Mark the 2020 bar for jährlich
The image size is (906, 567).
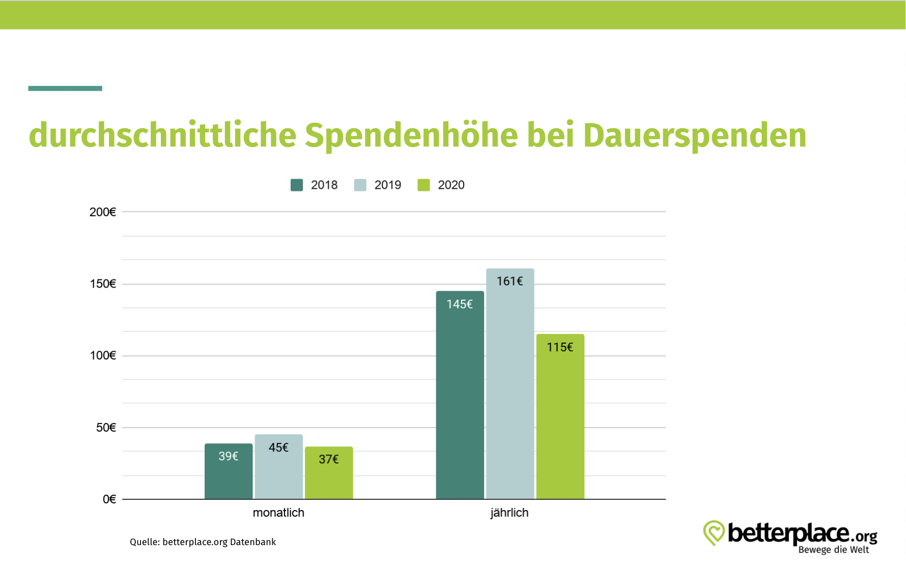click(560, 422)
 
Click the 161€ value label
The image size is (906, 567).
click(509, 281)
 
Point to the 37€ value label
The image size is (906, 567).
click(328, 460)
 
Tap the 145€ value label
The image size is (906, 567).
click(460, 304)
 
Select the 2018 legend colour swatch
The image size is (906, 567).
click(297, 185)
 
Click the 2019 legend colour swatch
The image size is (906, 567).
click(360, 185)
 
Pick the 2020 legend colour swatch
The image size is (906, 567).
click(423, 185)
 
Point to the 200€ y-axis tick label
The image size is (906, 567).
click(103, 212)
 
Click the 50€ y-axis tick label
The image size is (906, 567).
click(106, 428)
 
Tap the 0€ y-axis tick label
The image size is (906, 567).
click(109, 499)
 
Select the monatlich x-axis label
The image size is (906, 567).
click(278, 513)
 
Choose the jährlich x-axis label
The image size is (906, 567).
click(509, 513)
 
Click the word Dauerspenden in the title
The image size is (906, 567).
click(694, 135)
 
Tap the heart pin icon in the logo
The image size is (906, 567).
click(714, 532)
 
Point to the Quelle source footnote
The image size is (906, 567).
click(203, 542)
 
